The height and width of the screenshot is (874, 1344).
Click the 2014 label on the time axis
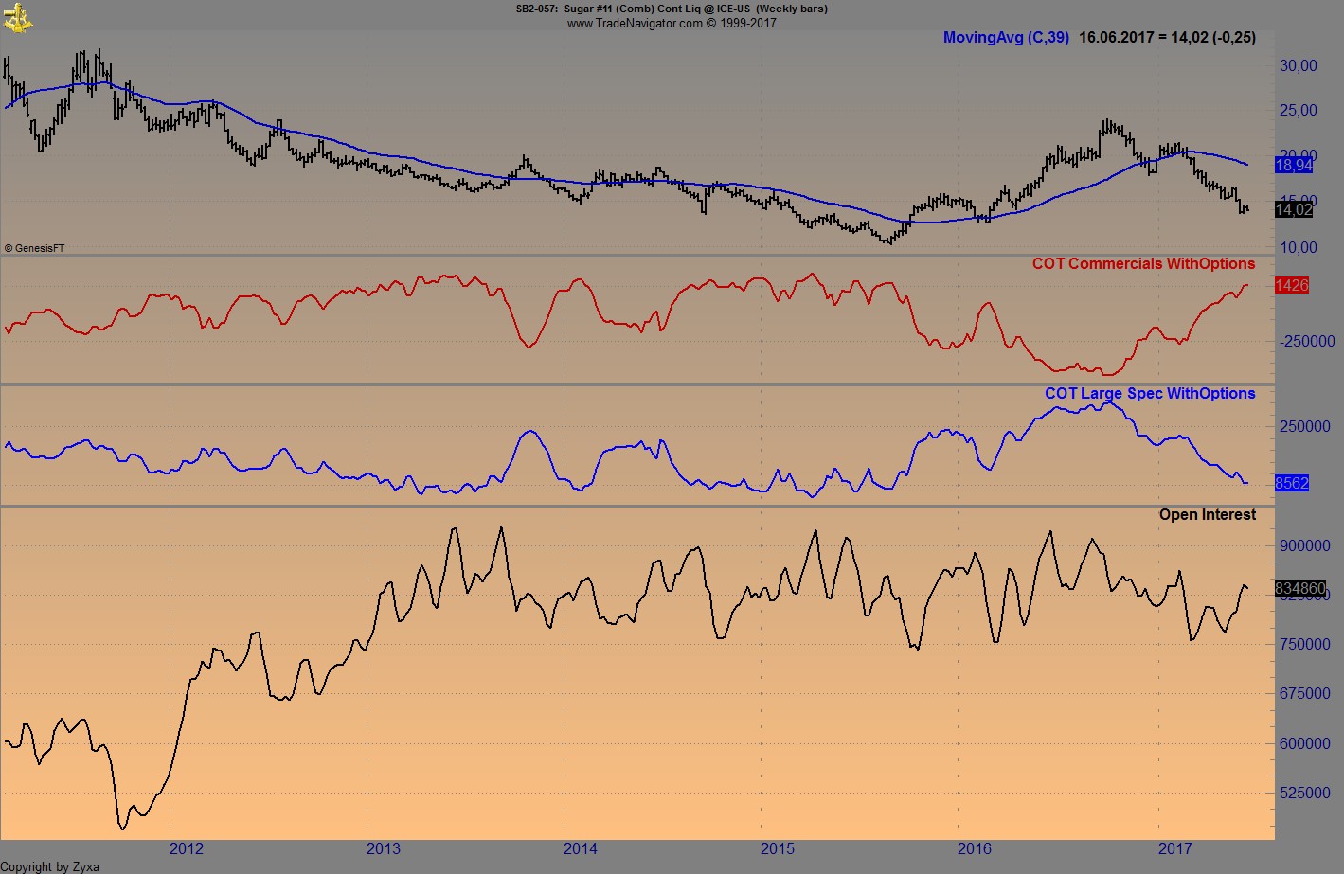(581, 848)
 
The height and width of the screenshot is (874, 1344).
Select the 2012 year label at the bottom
(186, 848)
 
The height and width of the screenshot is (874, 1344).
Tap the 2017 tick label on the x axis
(1174, 848)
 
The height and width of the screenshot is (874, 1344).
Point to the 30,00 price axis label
(1298, 65)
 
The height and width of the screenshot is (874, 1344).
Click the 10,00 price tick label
(1298, 247)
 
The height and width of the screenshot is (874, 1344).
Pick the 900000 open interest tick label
(1304, 545)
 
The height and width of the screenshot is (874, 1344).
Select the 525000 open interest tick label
(1304, 793)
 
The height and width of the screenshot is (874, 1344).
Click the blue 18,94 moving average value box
(1294, 166)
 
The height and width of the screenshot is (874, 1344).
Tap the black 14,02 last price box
(1294, 210)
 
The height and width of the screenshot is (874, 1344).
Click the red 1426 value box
(1292, 285)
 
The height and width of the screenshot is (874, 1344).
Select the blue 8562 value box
(1292, 483)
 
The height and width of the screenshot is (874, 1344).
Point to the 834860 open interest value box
(1300, 588)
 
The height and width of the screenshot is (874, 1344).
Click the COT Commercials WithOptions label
(1143, 264)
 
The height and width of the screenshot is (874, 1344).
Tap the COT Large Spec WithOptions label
(1150, 394)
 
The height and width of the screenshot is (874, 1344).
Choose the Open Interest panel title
(1208, 515)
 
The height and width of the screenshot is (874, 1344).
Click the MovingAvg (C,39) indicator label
(1006, 38)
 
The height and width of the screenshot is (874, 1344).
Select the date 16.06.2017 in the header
(1117, 38)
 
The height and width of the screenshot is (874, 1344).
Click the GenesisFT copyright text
(35, 248)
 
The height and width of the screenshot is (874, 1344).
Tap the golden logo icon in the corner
(18, 17)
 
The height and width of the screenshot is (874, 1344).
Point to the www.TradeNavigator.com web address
(635, 23)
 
